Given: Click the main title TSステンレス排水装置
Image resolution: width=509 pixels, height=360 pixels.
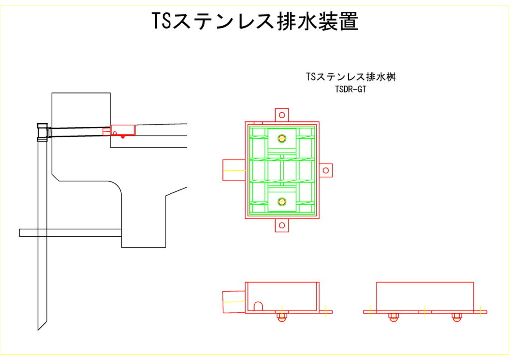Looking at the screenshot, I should click(254, 21).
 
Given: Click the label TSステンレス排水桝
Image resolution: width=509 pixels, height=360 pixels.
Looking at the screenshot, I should click(351, 77).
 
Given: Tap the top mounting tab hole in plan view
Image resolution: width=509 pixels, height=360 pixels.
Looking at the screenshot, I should click(282, 115).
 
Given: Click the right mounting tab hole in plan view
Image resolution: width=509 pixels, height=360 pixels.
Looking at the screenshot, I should click(326, 170).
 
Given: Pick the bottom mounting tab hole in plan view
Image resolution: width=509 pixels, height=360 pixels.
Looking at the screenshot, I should click(282, 226).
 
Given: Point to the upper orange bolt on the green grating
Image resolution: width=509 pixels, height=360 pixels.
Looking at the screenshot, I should click(282, 138).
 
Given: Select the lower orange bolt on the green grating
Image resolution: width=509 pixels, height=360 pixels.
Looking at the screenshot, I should click(282, 201).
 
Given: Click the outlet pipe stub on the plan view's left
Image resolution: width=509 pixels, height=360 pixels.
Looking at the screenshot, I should click(233, 170).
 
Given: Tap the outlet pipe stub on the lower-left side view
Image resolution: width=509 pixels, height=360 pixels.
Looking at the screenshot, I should click(233, 302).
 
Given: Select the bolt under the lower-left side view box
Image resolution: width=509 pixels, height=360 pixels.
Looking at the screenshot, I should click(282, 316).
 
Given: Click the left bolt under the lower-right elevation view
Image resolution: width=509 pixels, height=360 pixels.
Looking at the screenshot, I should click(393, 316).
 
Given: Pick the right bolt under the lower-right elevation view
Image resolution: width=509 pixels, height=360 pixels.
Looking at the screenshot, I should click(457, 316).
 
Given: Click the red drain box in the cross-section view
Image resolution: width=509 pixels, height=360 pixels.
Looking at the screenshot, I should click(122, 130).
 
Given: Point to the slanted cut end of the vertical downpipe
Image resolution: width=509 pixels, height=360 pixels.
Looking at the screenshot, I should click(42, 323).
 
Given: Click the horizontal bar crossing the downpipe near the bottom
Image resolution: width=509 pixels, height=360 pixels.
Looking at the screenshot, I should click(70, 232).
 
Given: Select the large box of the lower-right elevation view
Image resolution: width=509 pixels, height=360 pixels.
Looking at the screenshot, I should click(425, 297).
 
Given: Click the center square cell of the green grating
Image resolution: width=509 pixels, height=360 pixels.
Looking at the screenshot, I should click(282, 170).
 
